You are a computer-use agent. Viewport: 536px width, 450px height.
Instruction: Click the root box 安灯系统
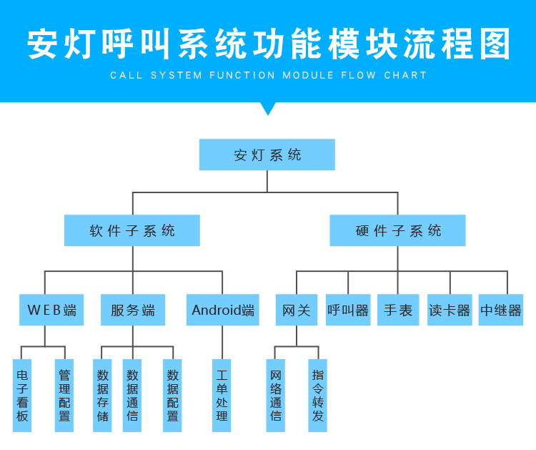click(267, 155)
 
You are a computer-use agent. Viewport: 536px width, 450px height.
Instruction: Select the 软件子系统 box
click(132, 230)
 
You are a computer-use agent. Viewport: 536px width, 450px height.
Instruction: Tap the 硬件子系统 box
click(397, 230)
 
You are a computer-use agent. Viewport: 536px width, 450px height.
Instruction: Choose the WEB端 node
click(51, 310)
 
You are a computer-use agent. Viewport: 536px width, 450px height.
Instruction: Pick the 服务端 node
click(133, 310)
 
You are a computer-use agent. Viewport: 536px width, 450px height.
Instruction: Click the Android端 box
click(223, 310)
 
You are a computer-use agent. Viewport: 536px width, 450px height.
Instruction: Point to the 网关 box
click(297, 310)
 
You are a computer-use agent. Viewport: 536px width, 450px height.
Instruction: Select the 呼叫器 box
click(348, 310)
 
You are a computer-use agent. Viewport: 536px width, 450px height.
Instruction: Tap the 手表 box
click(398, 310)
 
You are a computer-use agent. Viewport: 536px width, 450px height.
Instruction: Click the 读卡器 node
click(450, 310)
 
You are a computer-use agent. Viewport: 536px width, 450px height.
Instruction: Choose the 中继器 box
click(501, 310)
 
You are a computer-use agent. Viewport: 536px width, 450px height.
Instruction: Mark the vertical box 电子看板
click(22, 395)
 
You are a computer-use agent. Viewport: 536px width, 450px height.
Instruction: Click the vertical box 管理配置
click(64, 395)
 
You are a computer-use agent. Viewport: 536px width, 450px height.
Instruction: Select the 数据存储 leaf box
click(103, 395)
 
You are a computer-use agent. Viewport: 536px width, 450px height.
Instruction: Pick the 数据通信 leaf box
click(132, 395)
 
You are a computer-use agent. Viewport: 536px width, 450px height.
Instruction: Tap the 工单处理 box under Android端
click(222, 395)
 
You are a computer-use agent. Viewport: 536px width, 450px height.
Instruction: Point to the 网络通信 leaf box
click(276, 395)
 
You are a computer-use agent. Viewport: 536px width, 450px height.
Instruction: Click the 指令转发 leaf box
click(317, 395)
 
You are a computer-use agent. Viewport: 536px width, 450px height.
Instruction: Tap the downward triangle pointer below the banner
click(268, 108)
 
